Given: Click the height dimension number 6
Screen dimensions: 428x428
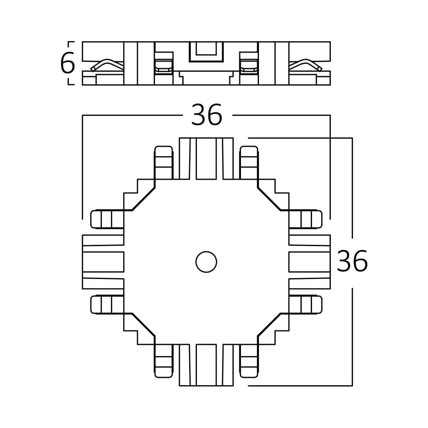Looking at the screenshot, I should click(x=68, y=63).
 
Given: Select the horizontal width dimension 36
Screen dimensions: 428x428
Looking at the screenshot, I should click(x=206, y=115).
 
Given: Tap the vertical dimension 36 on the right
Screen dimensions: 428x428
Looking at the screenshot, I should click(x=352, y=262).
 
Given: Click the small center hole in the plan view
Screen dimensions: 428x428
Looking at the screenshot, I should click(x=206, y=262).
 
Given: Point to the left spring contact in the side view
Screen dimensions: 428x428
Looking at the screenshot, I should click(x=107, y=65).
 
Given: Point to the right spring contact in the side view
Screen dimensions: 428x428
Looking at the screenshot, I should click(x=306, y=65).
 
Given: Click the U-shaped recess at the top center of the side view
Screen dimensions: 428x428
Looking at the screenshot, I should click(x=206, y=52).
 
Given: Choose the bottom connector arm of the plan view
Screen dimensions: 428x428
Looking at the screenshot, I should click(x=206, y=365).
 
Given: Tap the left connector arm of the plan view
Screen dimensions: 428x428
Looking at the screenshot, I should click(x=103, y=262).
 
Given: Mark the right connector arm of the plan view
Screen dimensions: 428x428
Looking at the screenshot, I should click(x=309, y=262).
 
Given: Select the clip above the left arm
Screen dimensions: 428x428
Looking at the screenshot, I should click(x=107, y=219).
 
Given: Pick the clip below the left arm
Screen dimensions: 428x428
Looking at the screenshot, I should click(x=107, y=304).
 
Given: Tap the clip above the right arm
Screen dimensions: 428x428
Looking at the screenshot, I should click(x=305, y=219).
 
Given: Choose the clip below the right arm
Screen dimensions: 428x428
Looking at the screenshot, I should click(x=305, y=304).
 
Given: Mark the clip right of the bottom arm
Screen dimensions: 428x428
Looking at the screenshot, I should click(x=249, y=361).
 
